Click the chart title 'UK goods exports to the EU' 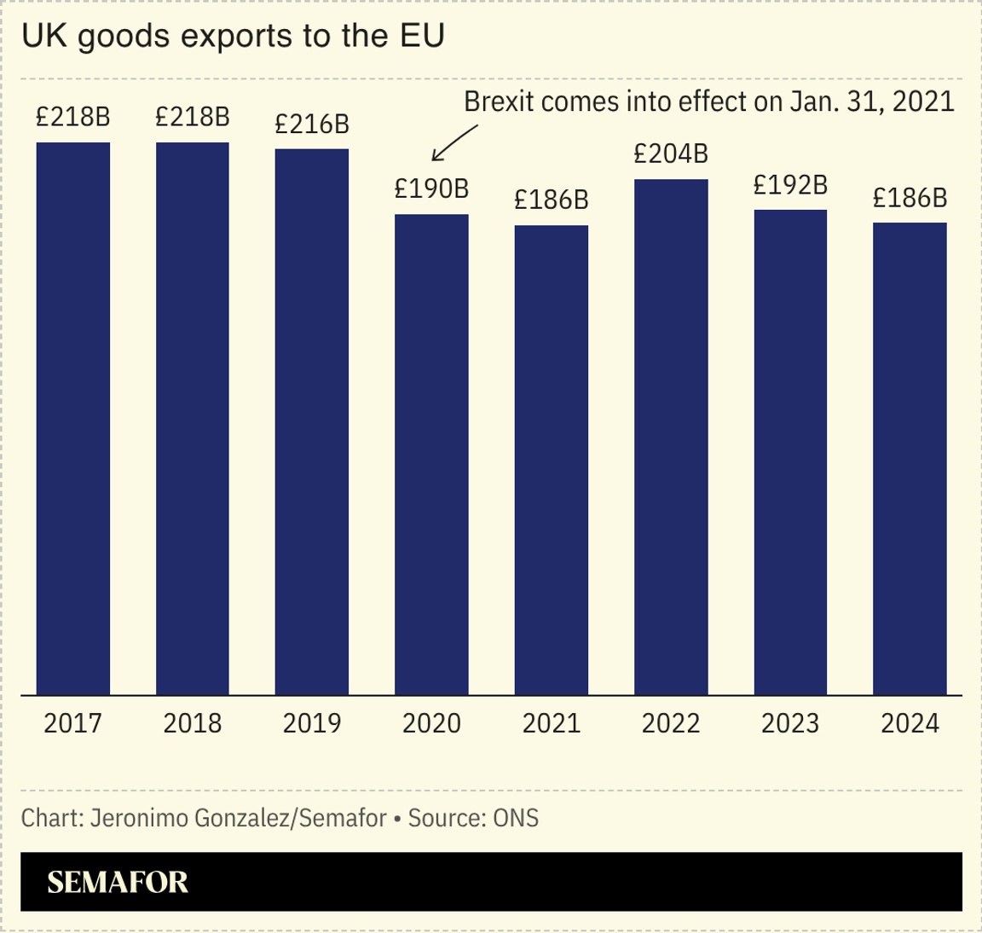point(233,37)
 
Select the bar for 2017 point(73,418)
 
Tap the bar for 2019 point(312,421)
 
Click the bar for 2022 point(671,437)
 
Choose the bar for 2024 point(910,459)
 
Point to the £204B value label point(671,154)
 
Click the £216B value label point(312,124)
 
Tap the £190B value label point(431,188)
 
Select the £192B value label point(790,184)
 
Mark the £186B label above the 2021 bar point(552,200)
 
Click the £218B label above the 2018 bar point(193,117)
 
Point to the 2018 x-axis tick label point(193,723)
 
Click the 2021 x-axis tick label point(552,723)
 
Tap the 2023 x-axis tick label point(790,723)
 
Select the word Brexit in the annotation point(499,101)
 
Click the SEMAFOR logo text point(118,882)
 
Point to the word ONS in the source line point(516,818)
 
